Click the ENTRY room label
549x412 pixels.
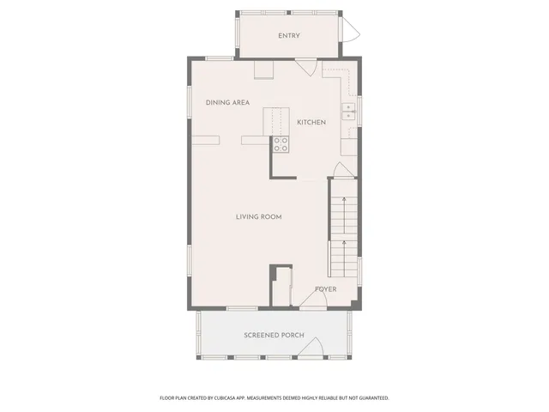coord(288,35)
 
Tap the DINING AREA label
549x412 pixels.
coord(227,102)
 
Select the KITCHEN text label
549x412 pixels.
coord(311,122)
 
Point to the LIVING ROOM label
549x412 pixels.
coord(258,216)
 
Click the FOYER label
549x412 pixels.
coord(325,289)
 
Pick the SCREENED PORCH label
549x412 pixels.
coord(274,334)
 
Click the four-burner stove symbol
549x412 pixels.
coord(281,145)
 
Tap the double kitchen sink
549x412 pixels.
coord(348,111)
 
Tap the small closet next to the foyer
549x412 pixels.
coord(281,285)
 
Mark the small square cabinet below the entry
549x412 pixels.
coord(263,70)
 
